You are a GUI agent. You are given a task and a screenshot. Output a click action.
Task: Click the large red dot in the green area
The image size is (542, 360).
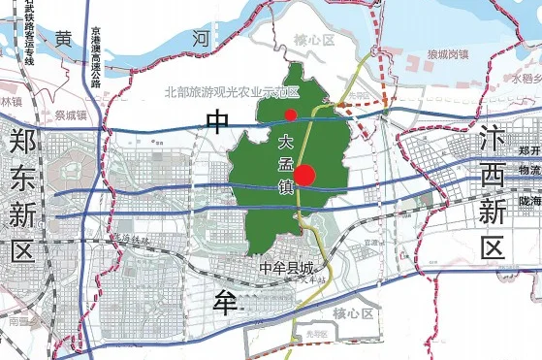[305, 176]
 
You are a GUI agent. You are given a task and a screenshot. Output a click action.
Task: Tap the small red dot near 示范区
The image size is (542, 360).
[290, 115]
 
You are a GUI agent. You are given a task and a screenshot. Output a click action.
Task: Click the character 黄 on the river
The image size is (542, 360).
[63, 40]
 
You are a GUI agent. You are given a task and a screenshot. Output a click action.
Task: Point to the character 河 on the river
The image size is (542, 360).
[201, 39]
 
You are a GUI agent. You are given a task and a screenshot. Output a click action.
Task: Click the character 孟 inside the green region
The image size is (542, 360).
[286, 161]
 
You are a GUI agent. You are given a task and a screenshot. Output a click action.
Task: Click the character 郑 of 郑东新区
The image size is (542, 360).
[23, 143]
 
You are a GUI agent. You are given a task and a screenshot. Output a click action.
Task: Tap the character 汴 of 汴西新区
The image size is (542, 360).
[494, 142]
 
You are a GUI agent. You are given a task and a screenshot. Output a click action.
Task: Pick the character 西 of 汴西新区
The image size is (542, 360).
[494, 176]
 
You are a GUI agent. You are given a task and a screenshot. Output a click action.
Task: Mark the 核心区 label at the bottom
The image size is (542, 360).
[353, 313]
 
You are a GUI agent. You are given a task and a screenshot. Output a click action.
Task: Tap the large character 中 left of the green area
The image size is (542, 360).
[218, 121]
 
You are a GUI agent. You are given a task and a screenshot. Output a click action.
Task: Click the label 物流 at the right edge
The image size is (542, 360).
[529, 170]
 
